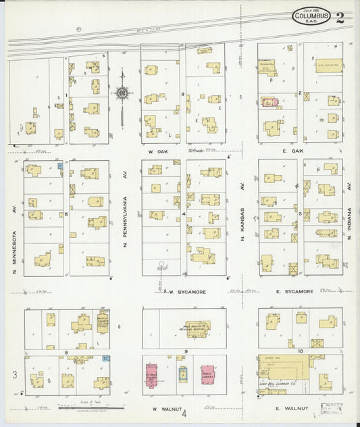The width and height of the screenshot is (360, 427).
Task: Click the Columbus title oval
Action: [311, 15]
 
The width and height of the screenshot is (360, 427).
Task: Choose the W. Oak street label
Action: [160, 151]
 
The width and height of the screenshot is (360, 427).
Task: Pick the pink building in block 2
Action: [269, 103]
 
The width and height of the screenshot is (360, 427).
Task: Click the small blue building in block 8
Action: [105, 359]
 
